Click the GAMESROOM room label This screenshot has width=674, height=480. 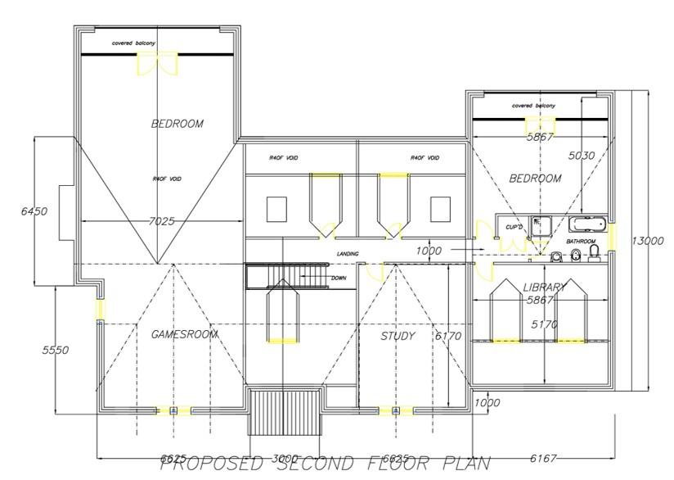(185, 334)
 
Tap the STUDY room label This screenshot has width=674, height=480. (398, 336)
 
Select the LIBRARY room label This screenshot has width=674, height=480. (545, 288)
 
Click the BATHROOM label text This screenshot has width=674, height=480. (581, 242)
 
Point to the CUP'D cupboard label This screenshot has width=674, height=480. (514, 227)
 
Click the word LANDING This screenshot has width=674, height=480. (348, 254)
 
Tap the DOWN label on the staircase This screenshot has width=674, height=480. (339, 278)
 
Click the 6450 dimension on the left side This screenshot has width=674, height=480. (34, 211)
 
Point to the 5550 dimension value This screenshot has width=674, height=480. (56, 350)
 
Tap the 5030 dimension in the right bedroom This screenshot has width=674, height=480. (582, 155)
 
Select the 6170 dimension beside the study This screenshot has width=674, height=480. (448, 336)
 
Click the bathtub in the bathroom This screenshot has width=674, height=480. (586, 224)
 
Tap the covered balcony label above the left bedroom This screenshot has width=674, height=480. (133, 43)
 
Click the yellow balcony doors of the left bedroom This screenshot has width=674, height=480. (157, 64)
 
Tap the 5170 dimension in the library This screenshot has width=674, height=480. (545, 325)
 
